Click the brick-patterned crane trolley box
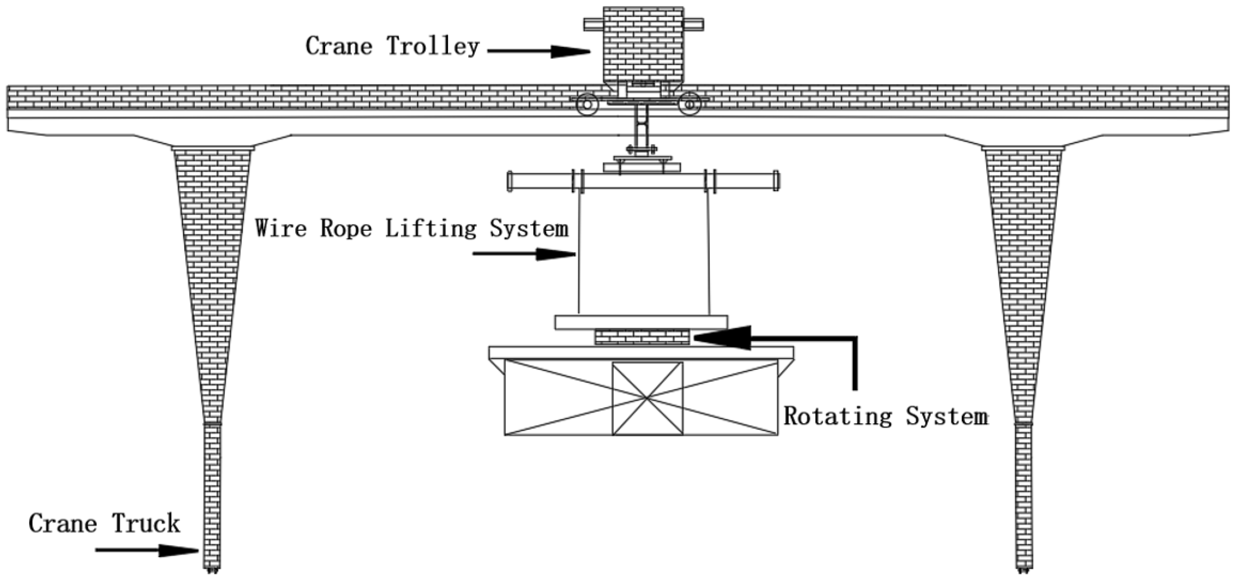click(643, 46)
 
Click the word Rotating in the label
click(837, 416)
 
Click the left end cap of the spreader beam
click(510, 181)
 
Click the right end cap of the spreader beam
click(776, 181)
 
